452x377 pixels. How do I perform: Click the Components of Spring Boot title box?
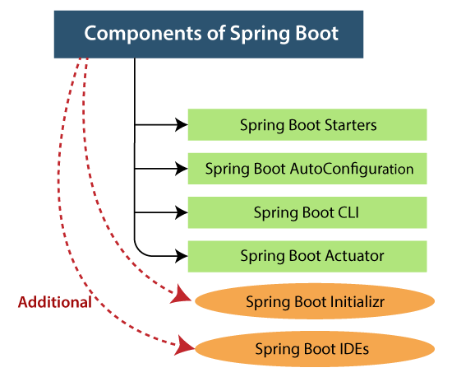tap(211, 34)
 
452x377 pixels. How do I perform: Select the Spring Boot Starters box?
tap(307, 125)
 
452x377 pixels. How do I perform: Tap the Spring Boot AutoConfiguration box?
tap(307, 169)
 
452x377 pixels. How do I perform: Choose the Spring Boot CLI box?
tap(307, 212)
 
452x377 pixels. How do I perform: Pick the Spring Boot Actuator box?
tap(307, 256)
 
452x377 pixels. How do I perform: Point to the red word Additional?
tap(55, 302)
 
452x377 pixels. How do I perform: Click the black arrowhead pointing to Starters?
tap(182, 125)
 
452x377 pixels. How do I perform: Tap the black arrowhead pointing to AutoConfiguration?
tap(182, 169)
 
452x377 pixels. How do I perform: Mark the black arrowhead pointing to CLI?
tap(182, 212)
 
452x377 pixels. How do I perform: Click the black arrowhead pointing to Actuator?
tap(182, 256)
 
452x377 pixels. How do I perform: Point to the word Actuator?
tap(354, 256)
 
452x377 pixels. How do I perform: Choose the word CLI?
tap(347, 212)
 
